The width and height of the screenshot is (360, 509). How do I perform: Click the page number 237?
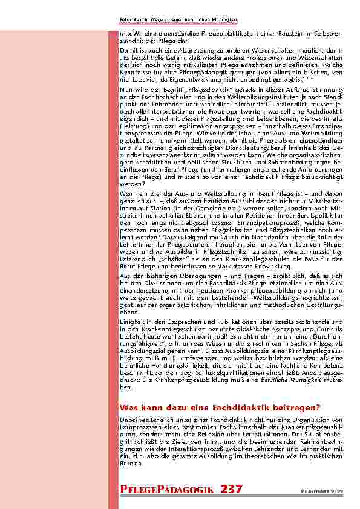[x=232, y=488]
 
